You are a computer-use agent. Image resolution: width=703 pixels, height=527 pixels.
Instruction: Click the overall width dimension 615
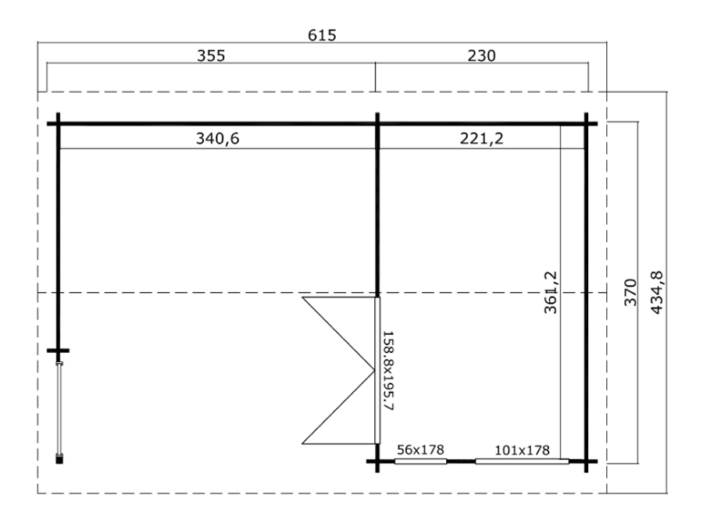322,35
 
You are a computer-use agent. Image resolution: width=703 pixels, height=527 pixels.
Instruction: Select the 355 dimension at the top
211,56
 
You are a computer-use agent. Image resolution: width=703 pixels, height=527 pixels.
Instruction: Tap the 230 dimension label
481,56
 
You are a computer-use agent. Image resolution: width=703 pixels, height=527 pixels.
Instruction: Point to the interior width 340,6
217,138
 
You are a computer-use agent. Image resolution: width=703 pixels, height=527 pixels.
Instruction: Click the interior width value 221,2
481,138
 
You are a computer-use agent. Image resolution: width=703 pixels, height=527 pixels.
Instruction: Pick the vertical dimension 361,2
551,292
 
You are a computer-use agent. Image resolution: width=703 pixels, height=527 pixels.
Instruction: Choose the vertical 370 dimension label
630,292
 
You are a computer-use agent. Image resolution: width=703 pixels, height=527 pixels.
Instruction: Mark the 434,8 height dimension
656,293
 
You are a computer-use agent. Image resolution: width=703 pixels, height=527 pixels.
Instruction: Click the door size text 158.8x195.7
387,371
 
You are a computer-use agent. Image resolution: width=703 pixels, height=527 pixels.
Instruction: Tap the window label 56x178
420,450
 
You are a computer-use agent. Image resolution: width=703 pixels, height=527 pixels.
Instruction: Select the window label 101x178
522,450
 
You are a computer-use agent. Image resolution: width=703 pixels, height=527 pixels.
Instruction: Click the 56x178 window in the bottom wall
420,461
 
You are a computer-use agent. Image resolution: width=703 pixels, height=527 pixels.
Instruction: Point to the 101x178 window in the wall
522,461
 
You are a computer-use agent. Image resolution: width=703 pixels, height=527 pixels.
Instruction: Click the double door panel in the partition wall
377,370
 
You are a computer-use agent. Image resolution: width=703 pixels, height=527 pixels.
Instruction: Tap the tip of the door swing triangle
374,370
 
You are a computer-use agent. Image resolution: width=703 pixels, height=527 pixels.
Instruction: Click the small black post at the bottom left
59,458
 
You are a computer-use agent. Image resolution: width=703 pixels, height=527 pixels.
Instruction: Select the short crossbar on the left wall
59,351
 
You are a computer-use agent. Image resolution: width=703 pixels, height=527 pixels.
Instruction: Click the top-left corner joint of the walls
59,123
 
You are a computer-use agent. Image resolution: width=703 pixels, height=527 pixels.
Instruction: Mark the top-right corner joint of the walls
586,123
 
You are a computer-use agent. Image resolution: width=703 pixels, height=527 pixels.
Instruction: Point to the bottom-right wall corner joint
586,461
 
